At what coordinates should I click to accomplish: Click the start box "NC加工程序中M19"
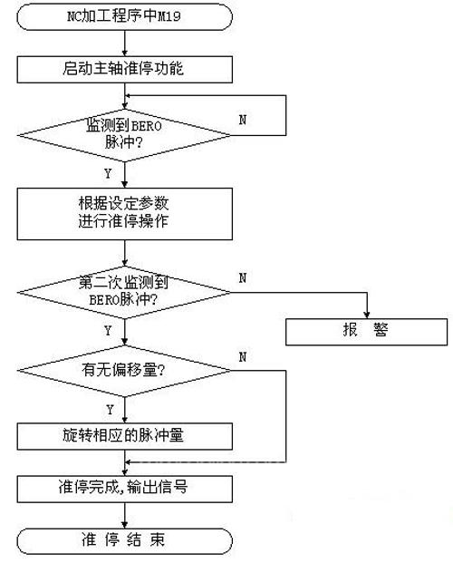point(124,16)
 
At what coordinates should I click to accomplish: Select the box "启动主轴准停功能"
point(124,69)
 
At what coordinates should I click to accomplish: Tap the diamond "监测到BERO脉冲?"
point(124,135)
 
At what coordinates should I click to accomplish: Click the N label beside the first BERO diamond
point(243,120)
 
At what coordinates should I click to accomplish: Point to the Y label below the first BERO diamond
point(108,174)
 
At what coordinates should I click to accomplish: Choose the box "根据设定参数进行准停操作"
point(124,214)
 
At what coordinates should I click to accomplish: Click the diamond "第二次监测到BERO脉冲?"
point(124,292)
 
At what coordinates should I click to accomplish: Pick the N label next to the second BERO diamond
point(243,277)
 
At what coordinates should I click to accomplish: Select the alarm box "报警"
point(367,332)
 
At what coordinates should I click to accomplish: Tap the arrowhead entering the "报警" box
point(367,315)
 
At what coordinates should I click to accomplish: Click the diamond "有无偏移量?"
point(124,371)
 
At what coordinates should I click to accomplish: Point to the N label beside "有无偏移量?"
point(243,357)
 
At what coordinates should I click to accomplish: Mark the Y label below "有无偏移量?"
point(110,410)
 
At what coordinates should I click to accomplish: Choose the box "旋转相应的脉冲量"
point(124,436)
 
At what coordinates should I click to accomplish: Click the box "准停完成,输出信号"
point(124,489)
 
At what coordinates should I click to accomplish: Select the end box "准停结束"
point(124,540)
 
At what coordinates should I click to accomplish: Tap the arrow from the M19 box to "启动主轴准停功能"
point(124,44)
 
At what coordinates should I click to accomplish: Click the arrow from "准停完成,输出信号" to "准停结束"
point(124,515)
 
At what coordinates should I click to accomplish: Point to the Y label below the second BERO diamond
point(108,331)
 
